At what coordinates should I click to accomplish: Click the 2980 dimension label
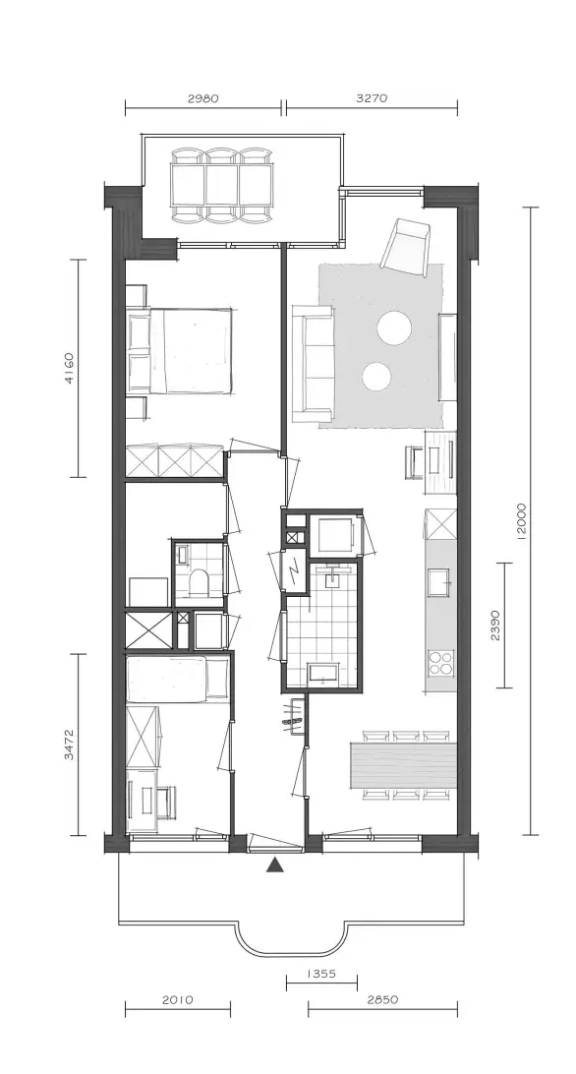(x=202, y=98)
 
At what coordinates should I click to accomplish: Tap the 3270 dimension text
(x=372, y=98)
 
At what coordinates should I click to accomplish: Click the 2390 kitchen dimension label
(x=495, y=625)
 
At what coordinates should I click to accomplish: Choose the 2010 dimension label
(x=177, y=999)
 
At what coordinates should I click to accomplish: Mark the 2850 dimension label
(x=382, y=999)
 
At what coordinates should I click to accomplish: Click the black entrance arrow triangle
(x=275, y=865)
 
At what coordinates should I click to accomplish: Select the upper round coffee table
(x=394, y=328)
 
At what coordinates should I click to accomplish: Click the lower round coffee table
(x=376, y=376)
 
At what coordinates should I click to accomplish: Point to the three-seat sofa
(x=313, y=363)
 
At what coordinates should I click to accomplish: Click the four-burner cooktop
(x=440, y=662)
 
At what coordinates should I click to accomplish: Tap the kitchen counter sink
(x=439, y=582)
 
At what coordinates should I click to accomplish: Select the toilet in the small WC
(x=200, y=581)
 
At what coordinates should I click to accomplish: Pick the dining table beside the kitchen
(x=403, y=764)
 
